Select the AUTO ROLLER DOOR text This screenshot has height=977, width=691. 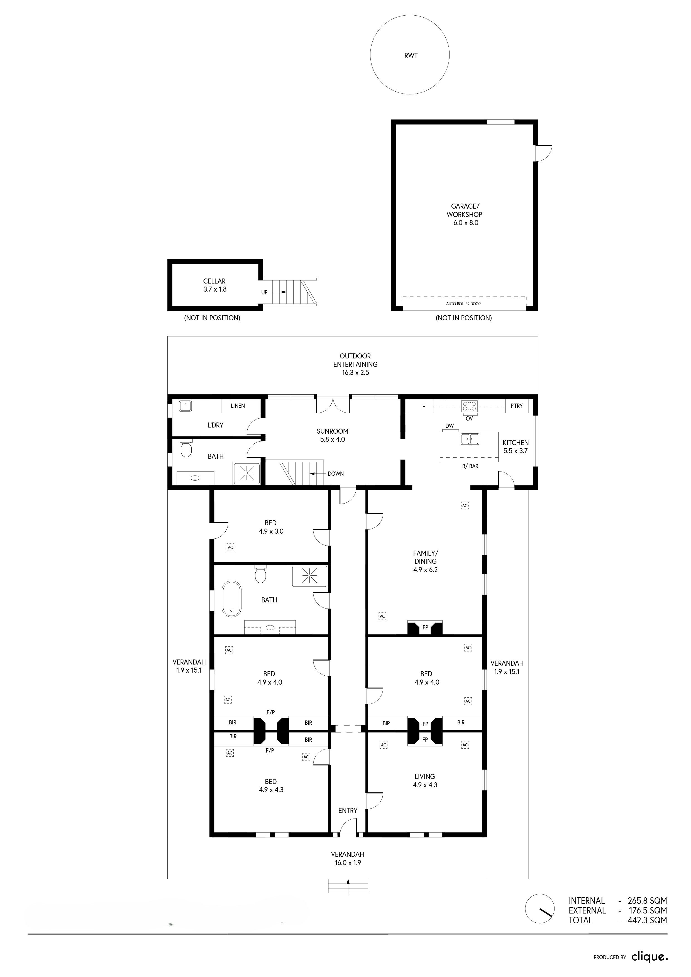tap(463, 304)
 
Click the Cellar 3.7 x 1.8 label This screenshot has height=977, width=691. tap(214, 285)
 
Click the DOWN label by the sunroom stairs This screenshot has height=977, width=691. tap(336, 474)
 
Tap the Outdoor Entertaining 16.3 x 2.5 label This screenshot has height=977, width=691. tap(355, 364)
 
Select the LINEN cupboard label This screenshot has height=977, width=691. tap(238, 406)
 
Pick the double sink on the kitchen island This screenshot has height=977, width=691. tap(470, 439)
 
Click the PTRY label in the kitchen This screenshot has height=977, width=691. tap(517, 406)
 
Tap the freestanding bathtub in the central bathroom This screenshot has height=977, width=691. tap(231, 599)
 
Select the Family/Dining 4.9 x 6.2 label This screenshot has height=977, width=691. tap(426, 561)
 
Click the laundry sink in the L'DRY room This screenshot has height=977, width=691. tap(185, 406)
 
